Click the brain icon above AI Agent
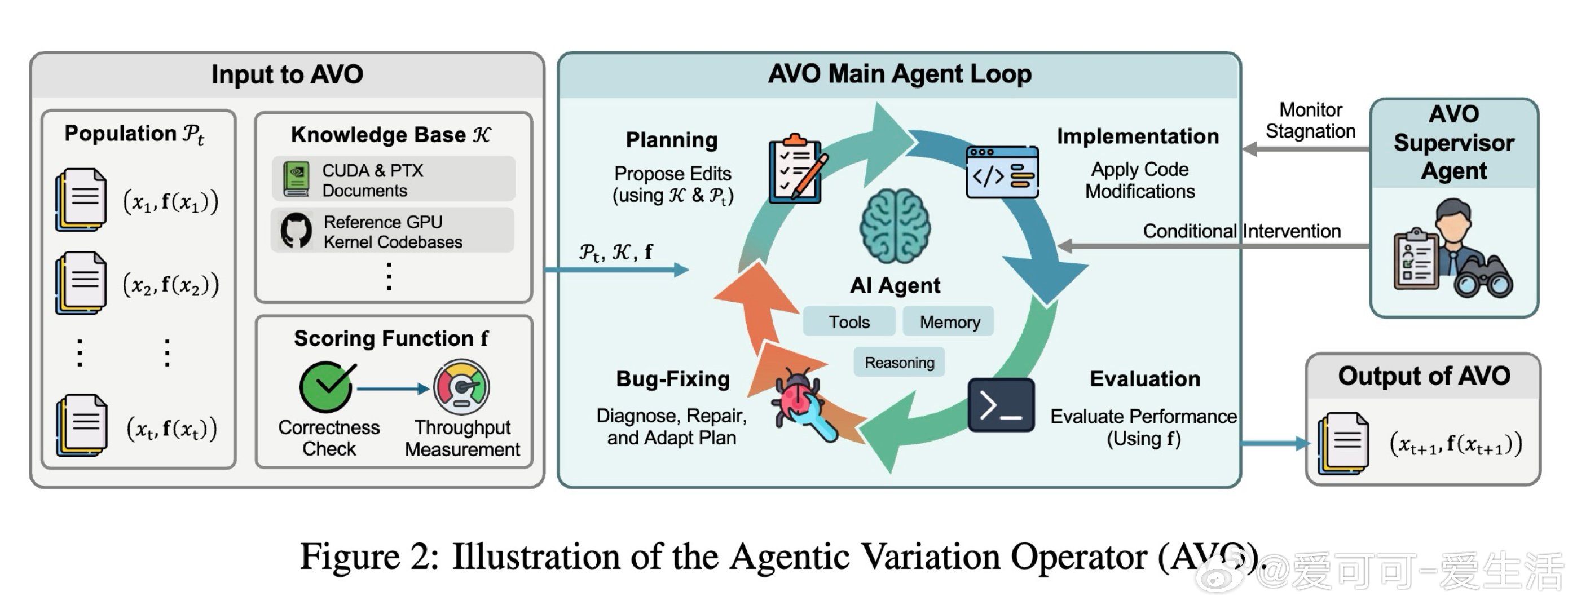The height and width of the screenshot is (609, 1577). tap(895, 227)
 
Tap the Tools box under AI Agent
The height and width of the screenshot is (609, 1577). tap(848, 322)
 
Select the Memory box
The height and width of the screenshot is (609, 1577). tap(949, 322)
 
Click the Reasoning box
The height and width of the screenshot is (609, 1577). tap(898, 363)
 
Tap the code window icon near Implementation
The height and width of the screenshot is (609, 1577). tap(1002, 172)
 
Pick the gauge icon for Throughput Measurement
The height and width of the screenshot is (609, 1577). tap(461, 387)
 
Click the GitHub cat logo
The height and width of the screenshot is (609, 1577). tap(296, 231)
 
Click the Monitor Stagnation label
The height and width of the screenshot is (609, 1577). tap(1310, 121)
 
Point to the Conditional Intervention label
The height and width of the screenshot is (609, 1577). tap(1241, 231)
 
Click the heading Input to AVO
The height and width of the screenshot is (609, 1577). tap(287, 74)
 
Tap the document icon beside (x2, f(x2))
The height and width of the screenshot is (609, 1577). tap(81, 283)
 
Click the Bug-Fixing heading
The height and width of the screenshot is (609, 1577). tap(672, 379)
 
